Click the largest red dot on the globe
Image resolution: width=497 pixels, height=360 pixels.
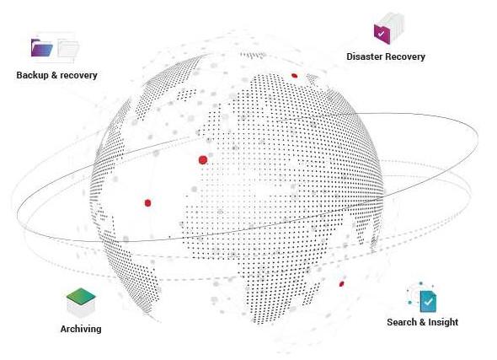point(203,160)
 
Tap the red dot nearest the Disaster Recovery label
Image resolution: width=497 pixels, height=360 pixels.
point(294,76)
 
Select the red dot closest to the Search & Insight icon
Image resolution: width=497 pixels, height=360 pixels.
point(341,284)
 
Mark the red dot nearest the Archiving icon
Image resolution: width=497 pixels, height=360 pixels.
point(147,203)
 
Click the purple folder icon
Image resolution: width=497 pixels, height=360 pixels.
point(42,48)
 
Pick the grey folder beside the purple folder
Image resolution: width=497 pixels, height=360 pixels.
point(68,49)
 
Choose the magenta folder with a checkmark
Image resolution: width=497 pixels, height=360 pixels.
point(382,34)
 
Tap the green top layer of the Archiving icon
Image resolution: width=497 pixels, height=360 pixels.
point(81,295)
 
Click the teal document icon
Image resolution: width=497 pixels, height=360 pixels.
point(428,302)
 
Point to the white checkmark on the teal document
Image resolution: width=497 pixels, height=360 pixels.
point(428,302)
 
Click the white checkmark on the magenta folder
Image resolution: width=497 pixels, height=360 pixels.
point(382,34)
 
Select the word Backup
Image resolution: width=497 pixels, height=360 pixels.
point(32,75)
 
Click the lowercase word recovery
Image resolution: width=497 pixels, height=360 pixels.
point(78,76)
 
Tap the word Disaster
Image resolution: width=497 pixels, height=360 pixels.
point(365,56)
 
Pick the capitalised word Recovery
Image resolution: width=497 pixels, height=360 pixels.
point(405,56)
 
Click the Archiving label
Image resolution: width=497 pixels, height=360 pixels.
point(81,329)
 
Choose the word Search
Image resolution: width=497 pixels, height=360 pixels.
point(402,322)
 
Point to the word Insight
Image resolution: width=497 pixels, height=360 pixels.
point(443,322)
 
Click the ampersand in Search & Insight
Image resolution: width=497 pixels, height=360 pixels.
point(422,322)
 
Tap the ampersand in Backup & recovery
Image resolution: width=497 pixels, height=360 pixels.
point(54,75)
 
